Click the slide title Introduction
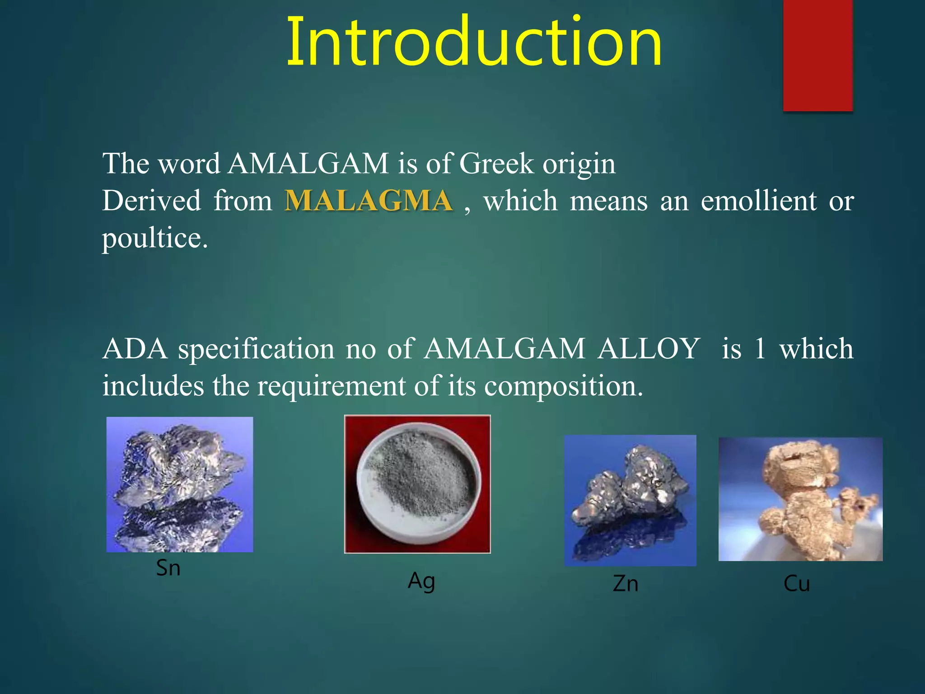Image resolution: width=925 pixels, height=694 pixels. (474, 42)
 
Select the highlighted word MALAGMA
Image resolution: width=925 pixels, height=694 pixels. (369, 201)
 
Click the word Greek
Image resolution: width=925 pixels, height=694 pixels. (496, 164)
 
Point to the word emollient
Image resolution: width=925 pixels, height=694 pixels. (758, 201)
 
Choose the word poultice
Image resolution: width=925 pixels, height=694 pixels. (154, 239)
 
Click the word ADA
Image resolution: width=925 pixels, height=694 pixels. (135, 349)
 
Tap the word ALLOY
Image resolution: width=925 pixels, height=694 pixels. (649, 349)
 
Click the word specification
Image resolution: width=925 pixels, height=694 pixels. (256, 350)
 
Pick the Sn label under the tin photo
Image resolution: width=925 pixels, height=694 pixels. (168, 568)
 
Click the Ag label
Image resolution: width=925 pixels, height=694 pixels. (421, 581)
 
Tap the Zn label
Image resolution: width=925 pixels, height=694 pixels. (626, 584)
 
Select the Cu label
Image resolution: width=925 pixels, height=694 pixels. (797, 584)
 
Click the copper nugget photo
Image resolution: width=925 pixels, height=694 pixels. (800, 499)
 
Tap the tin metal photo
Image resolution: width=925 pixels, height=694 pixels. (180, 484)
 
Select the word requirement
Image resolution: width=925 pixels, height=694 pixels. (331, 387)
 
